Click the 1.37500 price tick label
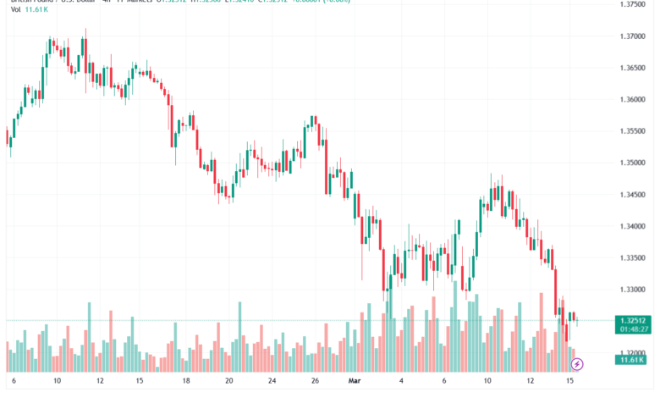[631, 4]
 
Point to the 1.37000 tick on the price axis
[631, 36]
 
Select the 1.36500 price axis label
[631, 68]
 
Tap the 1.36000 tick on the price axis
[631, 99]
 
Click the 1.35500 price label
[631, 131]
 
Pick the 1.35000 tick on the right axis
[631, 163]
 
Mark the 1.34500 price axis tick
[631, 195]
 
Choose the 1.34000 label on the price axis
[631, 226]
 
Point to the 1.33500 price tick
[631, 257]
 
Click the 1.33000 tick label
[631, 290]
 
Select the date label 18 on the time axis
[186, 382]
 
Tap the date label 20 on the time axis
[229, 382]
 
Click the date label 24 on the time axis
[272, 382]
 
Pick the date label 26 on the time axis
[314, 382]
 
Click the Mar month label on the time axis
[355, 382]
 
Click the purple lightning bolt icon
[577, 364]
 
